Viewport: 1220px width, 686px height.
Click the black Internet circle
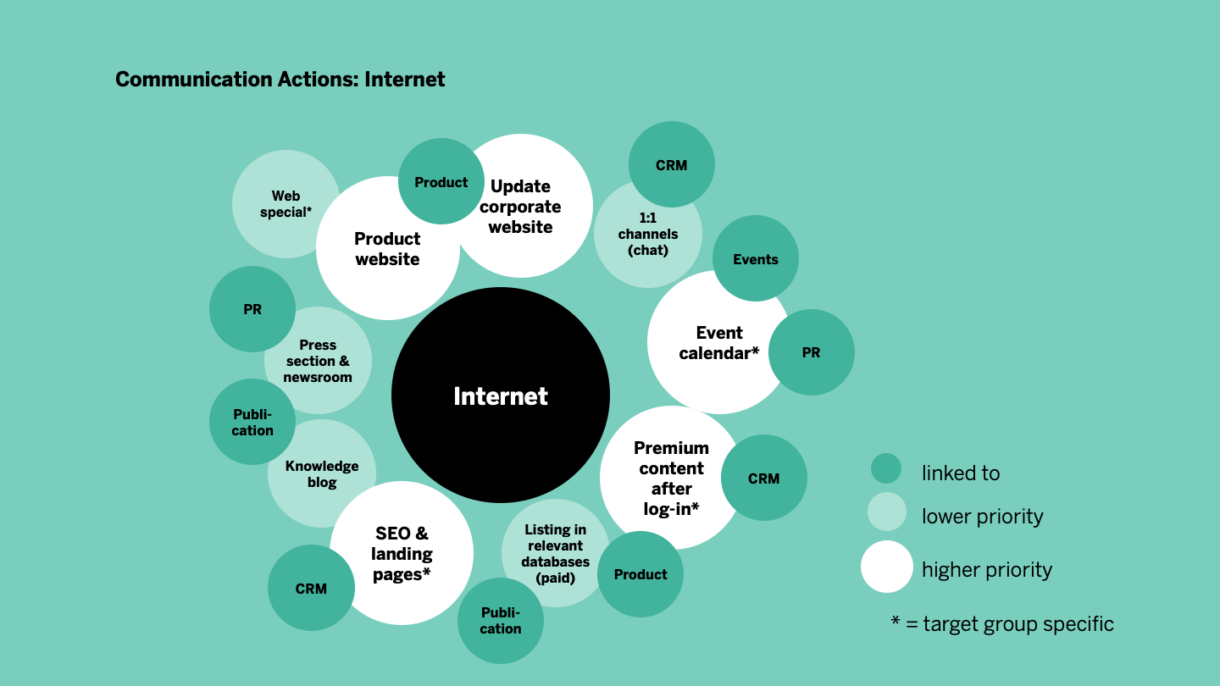(500, 396)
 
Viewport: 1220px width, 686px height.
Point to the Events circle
(756, 259)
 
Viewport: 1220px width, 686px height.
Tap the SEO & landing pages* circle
(401, 554)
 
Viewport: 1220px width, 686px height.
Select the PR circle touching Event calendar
(811, 352)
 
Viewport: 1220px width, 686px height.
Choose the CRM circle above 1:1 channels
(672, 164)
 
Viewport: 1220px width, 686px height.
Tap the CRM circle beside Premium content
(763, 479)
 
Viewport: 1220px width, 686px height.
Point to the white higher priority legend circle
(886, 567)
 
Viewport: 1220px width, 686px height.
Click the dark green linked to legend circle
(885, 468)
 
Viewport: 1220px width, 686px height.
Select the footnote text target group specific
(1018, 624)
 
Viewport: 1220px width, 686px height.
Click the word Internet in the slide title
(405, 80)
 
